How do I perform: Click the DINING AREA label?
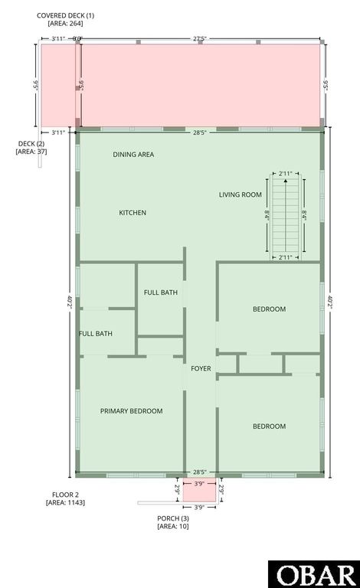(133, 155)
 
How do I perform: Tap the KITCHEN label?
(133, 213)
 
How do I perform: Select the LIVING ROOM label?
(241, 194)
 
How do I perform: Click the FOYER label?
(201, 369)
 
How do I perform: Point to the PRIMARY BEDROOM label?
(131, 411)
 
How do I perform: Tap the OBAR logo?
(313, 574)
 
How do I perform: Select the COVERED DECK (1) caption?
(65, 15)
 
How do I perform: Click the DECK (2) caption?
(31, 143)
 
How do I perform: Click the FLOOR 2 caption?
(65, 495)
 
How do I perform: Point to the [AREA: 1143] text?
(65, 503)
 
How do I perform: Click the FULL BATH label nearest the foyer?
(161, 292)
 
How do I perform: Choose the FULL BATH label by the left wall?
(96, 334)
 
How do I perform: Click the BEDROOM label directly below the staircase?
(269, 309)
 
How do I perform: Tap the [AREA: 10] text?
(172, 527)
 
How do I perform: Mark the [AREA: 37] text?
(31, 152)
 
